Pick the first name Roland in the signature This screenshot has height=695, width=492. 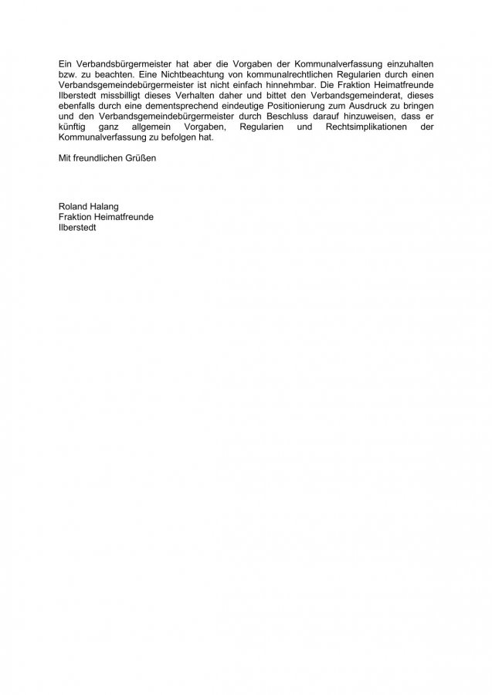pyautogui.click(x=73, y=206)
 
